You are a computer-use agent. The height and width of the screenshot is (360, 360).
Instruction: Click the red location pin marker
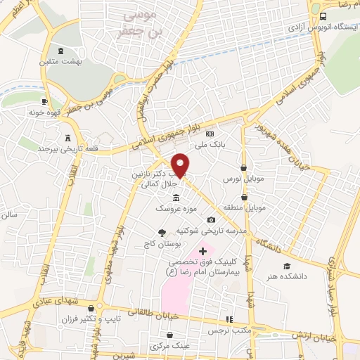coord(181,165)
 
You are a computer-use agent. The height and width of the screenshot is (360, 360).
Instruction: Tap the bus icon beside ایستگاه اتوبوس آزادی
coord(323,15)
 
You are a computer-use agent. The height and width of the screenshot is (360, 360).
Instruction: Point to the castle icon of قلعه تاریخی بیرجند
coord(67,138)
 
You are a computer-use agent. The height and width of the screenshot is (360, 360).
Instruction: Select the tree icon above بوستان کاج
coord(162,233)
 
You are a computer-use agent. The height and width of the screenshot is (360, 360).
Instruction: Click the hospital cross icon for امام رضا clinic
coord(203,251)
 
